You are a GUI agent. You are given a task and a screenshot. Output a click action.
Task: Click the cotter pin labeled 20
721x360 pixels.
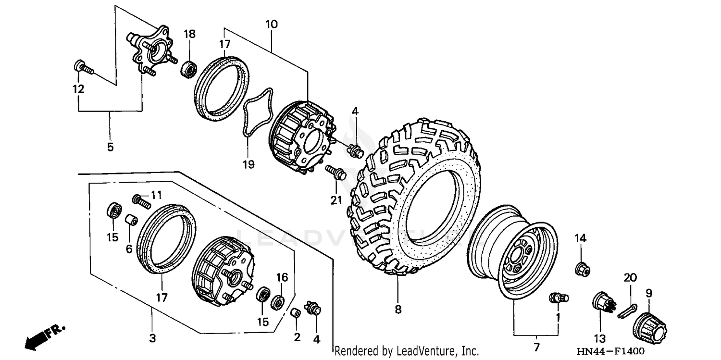click(627, 310)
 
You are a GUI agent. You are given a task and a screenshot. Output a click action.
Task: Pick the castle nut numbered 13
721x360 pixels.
click(601, 303)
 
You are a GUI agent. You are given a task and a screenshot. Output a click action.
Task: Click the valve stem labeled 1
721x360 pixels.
click(558, 298)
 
